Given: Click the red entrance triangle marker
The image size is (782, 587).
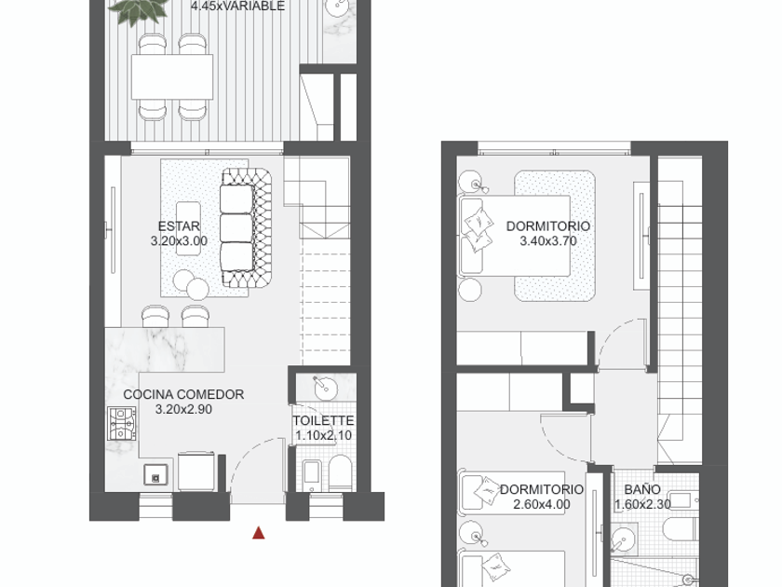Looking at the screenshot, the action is [259, 533].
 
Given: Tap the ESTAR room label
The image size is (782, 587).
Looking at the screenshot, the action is [179, 226].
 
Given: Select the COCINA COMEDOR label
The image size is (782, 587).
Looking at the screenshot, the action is [183, 394].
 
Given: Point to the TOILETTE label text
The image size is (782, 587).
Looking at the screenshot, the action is [323, 421].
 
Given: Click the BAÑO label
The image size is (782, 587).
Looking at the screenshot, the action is [642, 489].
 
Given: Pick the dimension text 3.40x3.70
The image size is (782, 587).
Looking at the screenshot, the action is [548, 241].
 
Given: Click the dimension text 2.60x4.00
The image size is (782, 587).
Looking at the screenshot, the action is [542, 505].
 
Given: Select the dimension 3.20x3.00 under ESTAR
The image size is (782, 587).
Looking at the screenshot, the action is [179, 241].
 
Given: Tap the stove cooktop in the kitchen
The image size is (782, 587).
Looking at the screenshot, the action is [122, 424].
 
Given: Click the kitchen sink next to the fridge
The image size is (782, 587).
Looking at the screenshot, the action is [155, 474].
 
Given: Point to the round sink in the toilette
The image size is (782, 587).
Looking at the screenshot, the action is [325, 388].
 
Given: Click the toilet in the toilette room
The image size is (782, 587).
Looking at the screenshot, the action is [341, 472].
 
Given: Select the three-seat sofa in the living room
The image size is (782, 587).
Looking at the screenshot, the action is [247, 227].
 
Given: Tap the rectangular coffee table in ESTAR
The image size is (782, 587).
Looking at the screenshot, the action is [188, 228].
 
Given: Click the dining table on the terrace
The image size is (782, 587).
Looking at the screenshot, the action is [172, 76].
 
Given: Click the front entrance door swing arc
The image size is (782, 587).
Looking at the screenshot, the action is [249, 451].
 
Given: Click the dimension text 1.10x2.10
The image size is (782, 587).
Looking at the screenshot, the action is [323, 436].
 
